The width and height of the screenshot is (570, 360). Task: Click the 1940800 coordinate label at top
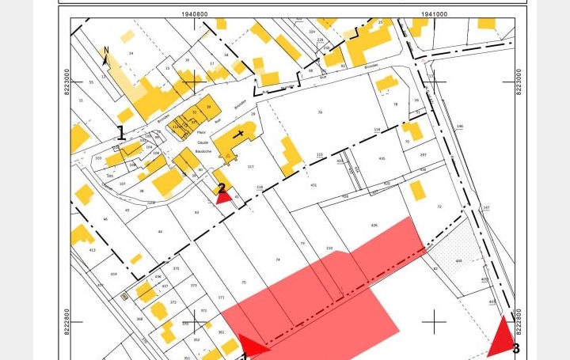195,13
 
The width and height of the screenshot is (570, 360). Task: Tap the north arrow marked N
106,55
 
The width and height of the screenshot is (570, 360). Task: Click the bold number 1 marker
121,133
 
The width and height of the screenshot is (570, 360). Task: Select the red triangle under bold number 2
224,196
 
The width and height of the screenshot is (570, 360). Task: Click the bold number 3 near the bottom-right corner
516,348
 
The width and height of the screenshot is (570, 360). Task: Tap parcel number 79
320,112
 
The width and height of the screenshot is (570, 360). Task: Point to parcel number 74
278,260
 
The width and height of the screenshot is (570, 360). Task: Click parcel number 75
244,282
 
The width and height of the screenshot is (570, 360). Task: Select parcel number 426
374,225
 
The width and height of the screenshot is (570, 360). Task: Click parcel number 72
439,206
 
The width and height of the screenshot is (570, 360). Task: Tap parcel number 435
382,158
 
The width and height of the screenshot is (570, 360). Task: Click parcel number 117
251,167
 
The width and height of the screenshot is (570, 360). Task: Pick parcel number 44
160,232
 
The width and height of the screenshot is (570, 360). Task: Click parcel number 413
92,249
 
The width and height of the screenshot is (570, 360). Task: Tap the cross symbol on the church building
240,135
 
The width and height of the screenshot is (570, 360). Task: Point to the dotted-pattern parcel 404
459,260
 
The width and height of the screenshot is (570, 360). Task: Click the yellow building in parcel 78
386,83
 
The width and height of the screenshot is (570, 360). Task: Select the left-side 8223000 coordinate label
67,81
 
